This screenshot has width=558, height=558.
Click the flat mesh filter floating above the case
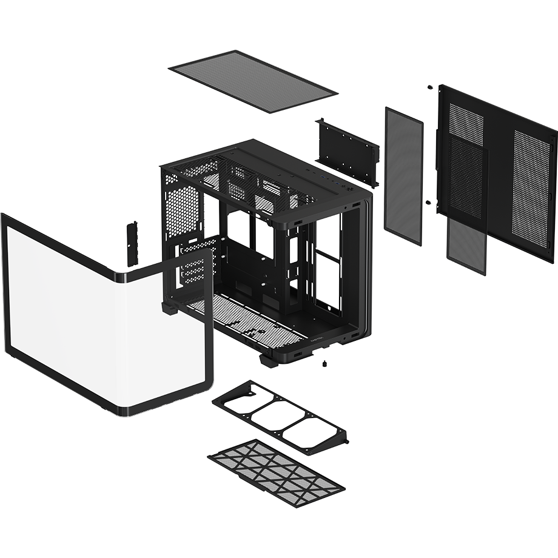pyautogui.click(x=251, y=82)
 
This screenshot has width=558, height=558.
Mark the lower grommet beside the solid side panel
pyautogui.click(x=429, y=201)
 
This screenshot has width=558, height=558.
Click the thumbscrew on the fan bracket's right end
pyautogui.click(x=345, y=437)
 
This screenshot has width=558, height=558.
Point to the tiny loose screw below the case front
pyautogui.click(x=325, y=364)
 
